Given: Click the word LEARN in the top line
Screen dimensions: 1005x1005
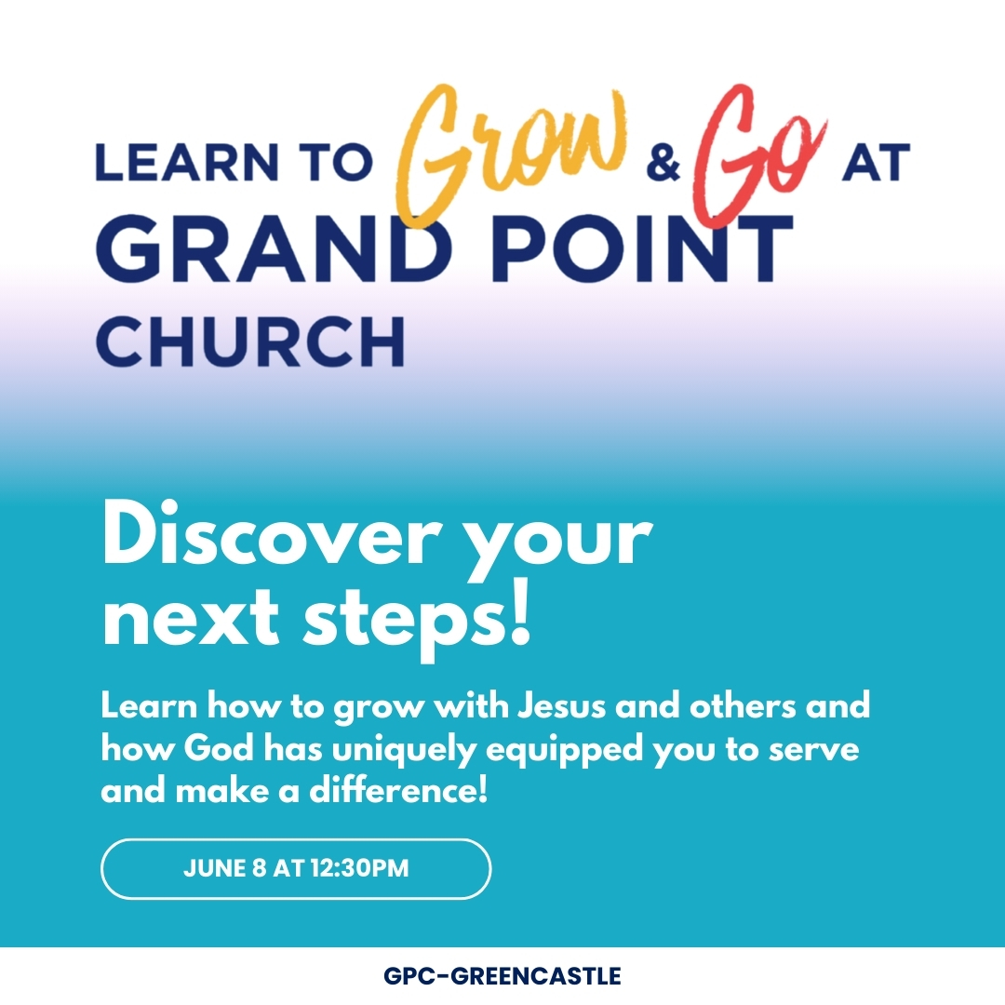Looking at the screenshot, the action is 187,162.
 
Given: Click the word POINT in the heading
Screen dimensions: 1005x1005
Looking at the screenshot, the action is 641,248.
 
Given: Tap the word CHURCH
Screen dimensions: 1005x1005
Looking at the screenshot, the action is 250,341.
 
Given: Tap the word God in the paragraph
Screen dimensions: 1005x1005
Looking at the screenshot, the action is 219,748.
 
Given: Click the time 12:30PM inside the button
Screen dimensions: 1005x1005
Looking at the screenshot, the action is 359,868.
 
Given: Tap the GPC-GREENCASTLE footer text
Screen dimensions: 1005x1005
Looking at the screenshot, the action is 502,976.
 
